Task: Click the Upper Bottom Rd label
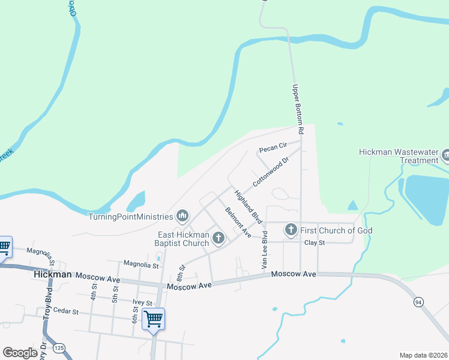pyautogui.click(x=298, y=109)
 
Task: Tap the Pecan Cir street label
pyautogui.click(x=271, y=149)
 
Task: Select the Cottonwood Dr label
pyautogui.click(x=271, y=171)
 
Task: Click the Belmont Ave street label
pyautogui.click(x=238, y=221)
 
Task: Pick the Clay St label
pyautogui.click(x=314, y=243)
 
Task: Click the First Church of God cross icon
pyautogui.click(x=291, y=230)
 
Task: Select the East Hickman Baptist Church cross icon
pyautogui.click(x=218, y=238)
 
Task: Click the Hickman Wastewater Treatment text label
pyautogui.click(x=399, y=156)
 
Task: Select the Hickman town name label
pyautogui.click(x=53, y=274)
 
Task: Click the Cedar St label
pyautogui.click(x=66, y=312)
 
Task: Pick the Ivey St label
pyautogui.click(x=141, y=303)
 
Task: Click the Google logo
pyautogui.click(x=20, y=353)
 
